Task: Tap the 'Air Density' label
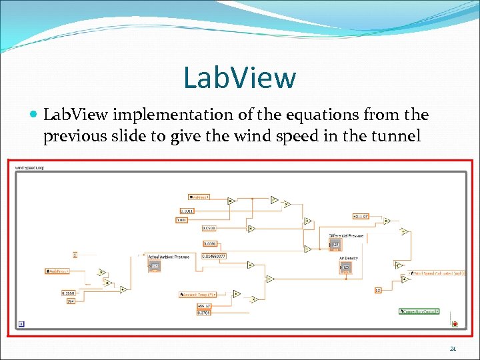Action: [x=349, y=258]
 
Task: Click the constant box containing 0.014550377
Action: [x=214, y=256]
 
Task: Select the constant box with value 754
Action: [x=70, y=301]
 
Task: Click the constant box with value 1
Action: [x=75, y=254]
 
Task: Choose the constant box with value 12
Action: [x=377, y=290]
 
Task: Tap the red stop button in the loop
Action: [x=455, y=325]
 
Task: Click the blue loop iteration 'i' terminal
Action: [x=21, y=325]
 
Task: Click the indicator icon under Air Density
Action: [x=346, y=267]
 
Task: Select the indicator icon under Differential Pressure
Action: [x=335, y=245]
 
